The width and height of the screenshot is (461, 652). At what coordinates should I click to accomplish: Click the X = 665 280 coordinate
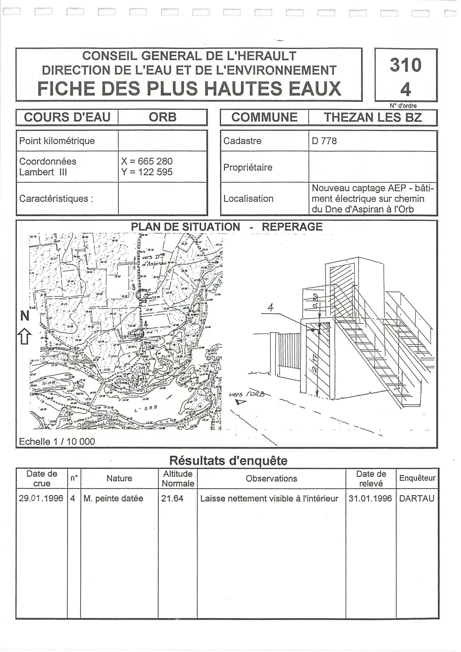click(x=147, y=161)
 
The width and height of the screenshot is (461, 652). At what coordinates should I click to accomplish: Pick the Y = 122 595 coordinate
click(x=147, y=172)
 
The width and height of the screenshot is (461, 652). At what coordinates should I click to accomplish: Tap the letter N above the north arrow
click(x=25, y=316)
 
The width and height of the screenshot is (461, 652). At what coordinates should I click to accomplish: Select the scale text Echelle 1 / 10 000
click(x=57, y=442)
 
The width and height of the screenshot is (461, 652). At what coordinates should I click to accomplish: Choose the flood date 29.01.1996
click(x=41, y=498)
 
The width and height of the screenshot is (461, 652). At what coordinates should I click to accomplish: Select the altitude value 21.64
click(x=172, y=499)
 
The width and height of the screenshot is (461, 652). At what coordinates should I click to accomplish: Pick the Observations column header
click(x=271, y=479)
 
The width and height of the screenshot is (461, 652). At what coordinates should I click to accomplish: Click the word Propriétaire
click(x=248, y=167)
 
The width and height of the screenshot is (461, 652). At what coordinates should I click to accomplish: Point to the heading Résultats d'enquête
click(x=228, y=461)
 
